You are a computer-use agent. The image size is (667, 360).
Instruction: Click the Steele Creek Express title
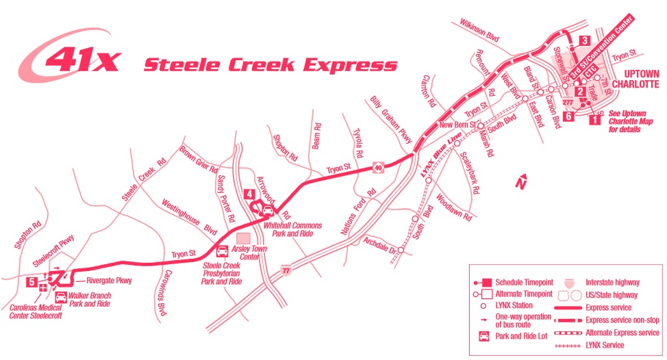coord(270,66)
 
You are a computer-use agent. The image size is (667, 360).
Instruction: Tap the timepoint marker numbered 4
coord(249,194)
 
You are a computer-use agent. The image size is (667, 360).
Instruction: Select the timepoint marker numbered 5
coord(32,281)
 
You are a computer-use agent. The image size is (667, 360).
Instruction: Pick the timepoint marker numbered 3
coord(584,40)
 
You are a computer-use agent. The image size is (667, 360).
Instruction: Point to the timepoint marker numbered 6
coord(568,116)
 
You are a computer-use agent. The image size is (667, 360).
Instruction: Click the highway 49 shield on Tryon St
coord(377,167)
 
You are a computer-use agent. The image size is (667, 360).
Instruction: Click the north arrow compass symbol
coord(520,182)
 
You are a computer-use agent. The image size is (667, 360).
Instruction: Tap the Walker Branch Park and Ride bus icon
coord(61,298)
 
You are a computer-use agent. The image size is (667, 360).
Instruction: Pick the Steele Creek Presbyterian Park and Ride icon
coord(223,250)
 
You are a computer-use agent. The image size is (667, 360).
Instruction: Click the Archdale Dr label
coord(380,245)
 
